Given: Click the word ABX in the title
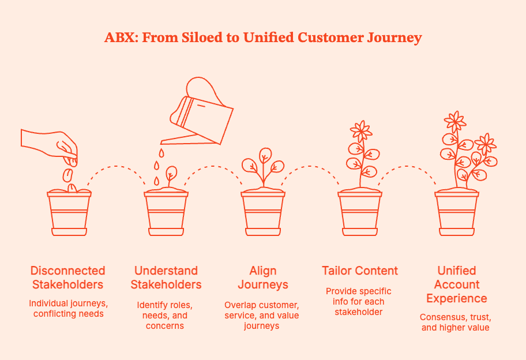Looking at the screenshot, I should pos(119,38).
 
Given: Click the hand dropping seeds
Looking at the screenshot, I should pos(51,144).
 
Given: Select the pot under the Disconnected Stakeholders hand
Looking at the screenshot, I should pos(69,213).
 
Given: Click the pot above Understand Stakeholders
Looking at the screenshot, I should pos(166,213).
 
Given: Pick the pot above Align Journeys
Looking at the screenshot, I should pos(263,213).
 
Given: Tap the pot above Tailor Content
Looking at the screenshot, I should pos(360,213).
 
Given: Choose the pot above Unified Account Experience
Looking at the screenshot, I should pos(457,213).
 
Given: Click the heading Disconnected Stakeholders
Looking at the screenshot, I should pos(68,277).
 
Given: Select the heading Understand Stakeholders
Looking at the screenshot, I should pos(166,277).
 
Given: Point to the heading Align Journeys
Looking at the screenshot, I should pos(263,277).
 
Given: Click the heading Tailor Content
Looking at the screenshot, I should pos(360,271).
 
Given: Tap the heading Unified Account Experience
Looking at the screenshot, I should pos(457,284).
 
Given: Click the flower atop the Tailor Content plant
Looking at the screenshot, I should pos(361,132).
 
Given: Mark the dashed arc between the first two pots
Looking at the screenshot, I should pos(118,169).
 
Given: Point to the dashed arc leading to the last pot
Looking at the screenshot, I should pos(408,169).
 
